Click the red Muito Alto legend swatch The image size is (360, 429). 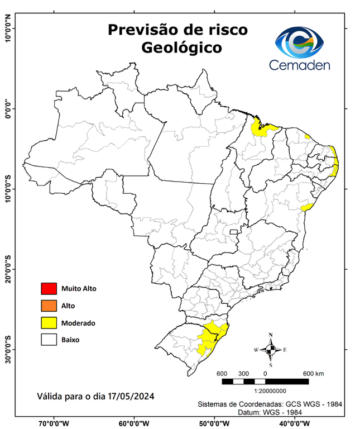click(49, 289)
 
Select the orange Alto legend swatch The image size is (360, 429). click(49, 306)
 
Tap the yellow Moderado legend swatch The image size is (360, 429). click(49, 322)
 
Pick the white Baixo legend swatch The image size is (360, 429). click(49, 339)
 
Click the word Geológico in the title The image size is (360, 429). click(181, 48)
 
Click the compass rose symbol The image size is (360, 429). click(271, 350)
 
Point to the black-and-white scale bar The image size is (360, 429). click(265, 382)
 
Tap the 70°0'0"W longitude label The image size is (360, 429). click(54, 423)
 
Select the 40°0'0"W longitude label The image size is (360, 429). click(295, 423)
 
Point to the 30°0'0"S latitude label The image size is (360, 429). click(8, 350)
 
